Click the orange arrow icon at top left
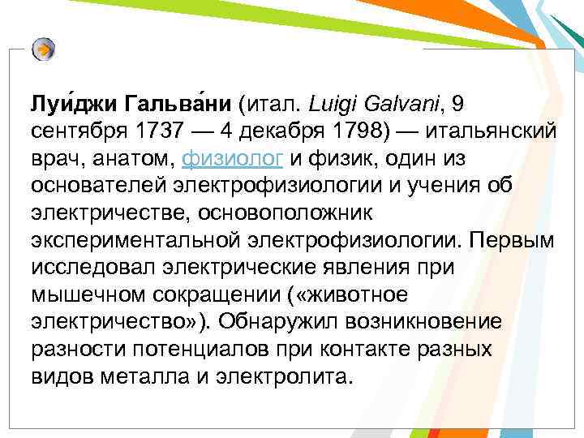(x=45, y=49)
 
